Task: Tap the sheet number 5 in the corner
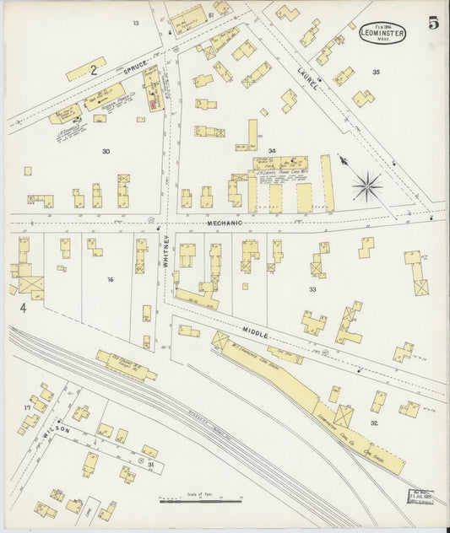433,24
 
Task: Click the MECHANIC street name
223,223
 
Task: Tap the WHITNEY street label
167,251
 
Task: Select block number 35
376,73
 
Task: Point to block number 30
106,152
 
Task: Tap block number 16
109,278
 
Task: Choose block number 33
312,289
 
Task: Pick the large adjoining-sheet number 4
24,310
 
